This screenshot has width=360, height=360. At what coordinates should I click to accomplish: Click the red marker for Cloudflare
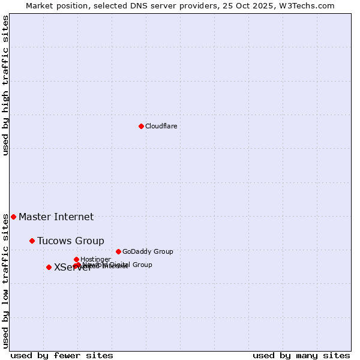(x=141, y=126)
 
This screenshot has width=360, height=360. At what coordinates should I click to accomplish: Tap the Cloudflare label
(x=161, y=126)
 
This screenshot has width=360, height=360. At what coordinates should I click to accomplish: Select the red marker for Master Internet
(x=13, y=217)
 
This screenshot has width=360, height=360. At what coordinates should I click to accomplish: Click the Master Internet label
(x=56, y=217)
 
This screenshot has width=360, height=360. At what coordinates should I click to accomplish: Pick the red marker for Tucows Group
(x=32, y=241)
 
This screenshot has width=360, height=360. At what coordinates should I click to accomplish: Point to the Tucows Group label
(x=70, y=241)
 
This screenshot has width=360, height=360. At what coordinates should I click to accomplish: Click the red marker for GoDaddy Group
(x=118, y=251)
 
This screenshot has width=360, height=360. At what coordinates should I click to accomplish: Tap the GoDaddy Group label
(x=148, y=252)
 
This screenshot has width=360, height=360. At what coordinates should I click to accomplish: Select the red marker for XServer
(x=49, y=267)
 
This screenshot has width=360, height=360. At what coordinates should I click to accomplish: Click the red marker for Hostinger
(x=76, y=259)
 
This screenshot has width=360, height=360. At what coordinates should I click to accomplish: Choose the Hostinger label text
(x=95, y=260)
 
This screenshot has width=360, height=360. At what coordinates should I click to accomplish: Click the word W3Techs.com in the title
(x=310, y=5)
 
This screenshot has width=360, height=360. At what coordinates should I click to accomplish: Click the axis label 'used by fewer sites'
(x=62, y=355)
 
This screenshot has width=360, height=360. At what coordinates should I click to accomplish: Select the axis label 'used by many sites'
(x=301, y=355)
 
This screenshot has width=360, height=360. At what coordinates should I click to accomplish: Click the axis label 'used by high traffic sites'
(x=5, y=85)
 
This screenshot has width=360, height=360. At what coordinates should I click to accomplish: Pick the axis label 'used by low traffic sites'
(x=5, y=281)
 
